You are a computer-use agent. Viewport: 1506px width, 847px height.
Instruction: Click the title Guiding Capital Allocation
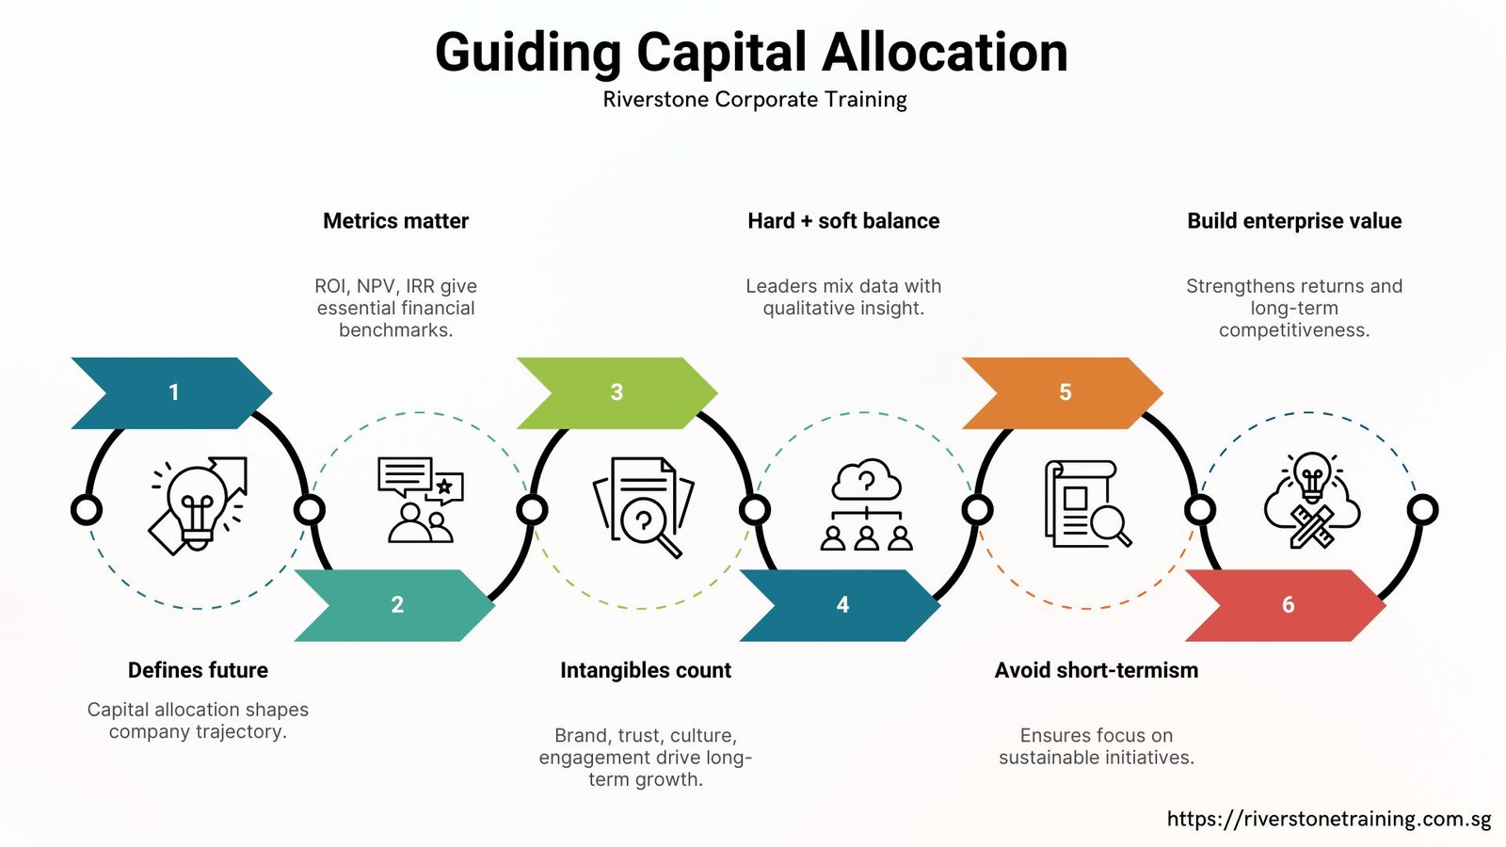(751, 53)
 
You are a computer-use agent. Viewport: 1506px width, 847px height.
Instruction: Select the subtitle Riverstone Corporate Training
(755, 100)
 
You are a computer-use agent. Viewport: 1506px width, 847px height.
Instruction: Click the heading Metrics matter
(395, 221)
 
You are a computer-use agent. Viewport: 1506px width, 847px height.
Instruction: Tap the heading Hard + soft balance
(843, 221)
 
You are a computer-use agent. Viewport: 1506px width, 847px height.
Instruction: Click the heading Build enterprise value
(1294, 221)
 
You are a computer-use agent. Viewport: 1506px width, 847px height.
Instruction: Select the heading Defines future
(198, 670)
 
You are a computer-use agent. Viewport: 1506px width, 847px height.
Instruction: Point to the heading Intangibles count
(646, 670)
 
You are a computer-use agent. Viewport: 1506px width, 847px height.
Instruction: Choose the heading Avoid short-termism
(1097, 670)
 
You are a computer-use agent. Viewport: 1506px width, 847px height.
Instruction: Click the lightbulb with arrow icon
(199, 506)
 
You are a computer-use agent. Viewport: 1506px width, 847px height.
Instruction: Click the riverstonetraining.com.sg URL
(1329, 819)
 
